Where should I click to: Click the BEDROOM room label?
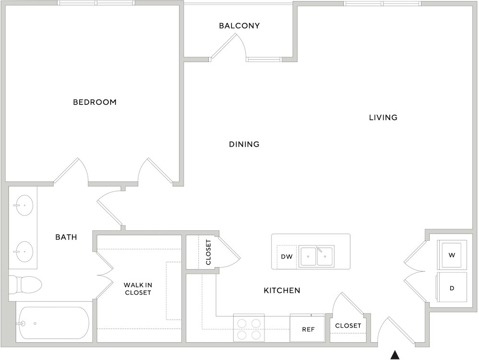click(95, 102)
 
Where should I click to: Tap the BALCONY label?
click(239, 26)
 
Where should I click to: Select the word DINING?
click(244, 144)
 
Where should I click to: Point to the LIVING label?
click(383, 118)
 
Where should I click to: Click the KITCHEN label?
click(282, 291)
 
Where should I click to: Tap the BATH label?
click(66, 237)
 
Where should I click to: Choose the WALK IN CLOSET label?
click(138, 289)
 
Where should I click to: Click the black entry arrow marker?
click(395, 355)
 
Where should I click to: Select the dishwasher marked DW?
click(286, 257)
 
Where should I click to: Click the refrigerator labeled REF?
click(307, 327)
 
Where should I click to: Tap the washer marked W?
click(452, 255)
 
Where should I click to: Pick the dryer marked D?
click(452, 287)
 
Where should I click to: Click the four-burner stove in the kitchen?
click(249, 327)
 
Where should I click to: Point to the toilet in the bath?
click(25, 284)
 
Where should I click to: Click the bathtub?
click(52, 323)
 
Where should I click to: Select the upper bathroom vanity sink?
click(24, 205)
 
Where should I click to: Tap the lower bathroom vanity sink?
click(24, 252)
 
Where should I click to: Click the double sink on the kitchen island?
click(316, 257)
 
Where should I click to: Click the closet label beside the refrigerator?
click(348, 326)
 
